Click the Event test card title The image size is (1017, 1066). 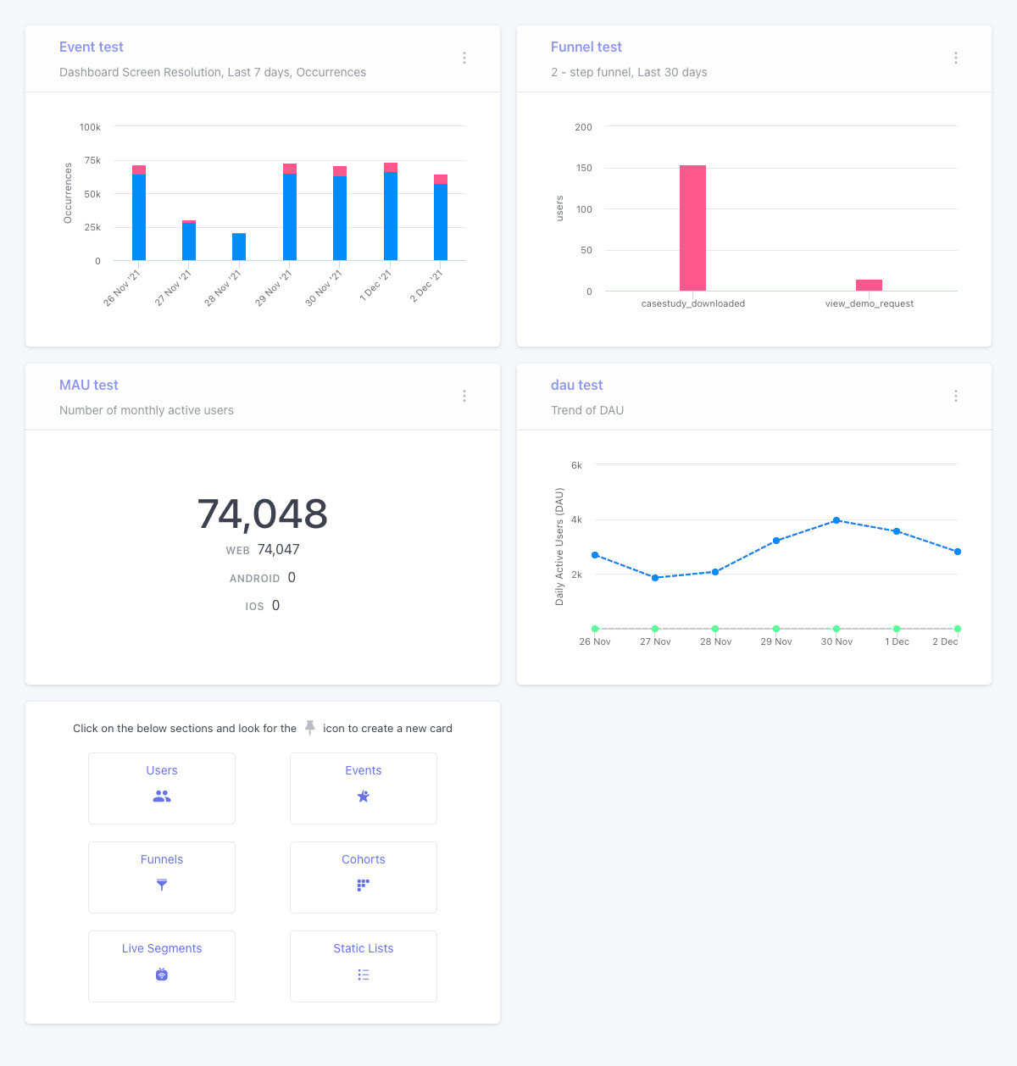point(92,47)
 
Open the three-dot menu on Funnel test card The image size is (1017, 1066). point(955,58)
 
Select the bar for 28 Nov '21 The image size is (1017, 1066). point(239,247)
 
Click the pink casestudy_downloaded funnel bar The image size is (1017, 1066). point(692,228)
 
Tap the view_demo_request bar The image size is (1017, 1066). point(869,286)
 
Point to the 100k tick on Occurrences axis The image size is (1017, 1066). point(90,127)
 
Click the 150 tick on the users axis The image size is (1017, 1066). point(584,168)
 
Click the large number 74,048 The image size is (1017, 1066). point(262,514)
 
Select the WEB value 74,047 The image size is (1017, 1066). point(278,550)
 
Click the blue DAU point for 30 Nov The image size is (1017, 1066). point(836,520)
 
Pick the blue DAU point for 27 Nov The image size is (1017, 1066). point(655,578)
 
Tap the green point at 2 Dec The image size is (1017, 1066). point(957,629)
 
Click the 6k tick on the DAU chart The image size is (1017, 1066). point(576,465)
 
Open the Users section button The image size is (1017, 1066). point(162,788)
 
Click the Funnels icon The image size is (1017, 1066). point(162,885)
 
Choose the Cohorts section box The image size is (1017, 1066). point(363,877)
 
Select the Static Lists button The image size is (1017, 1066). point(363,966)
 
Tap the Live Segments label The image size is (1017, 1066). point(162,948)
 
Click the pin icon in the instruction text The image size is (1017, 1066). point(310,727)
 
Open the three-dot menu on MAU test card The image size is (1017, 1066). point(464,396)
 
